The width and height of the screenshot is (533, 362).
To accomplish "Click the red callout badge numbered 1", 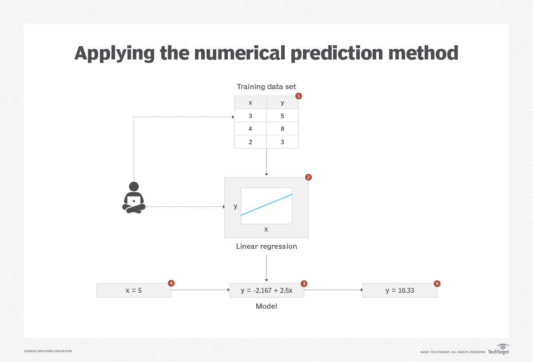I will tap(298, 96).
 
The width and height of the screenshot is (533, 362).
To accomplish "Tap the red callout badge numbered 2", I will tap(309, 177).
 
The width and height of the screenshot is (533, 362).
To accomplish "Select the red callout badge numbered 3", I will tap(304, 283).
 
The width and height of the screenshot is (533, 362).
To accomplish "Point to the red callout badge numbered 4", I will tap(171, 283).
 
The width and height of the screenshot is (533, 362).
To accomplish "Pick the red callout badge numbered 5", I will tap(437, 283).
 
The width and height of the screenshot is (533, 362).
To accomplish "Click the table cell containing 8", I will tap(282, 129).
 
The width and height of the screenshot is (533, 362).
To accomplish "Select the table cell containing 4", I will tap(251, 129).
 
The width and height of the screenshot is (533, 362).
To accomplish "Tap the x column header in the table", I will tap(251, 102).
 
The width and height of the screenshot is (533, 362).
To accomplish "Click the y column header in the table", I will tap(282, 102).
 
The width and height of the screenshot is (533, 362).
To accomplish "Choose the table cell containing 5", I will tap(282, 116).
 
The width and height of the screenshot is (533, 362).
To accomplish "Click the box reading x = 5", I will tap(134, 291).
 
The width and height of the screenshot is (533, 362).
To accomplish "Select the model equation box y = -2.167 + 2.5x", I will tap(266, 291).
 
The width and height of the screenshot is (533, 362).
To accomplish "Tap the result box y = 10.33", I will tap(400, 291).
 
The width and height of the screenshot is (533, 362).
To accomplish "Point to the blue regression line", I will tap(266, 205).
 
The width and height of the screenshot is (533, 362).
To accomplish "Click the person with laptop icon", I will tap(134, 198).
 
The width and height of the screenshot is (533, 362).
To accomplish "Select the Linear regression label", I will tap(266, 246).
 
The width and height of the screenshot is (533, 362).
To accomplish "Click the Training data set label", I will tap(266, 87).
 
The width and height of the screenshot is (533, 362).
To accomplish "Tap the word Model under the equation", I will tap(266, 306).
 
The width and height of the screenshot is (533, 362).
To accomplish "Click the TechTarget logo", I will tap(499, 350).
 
